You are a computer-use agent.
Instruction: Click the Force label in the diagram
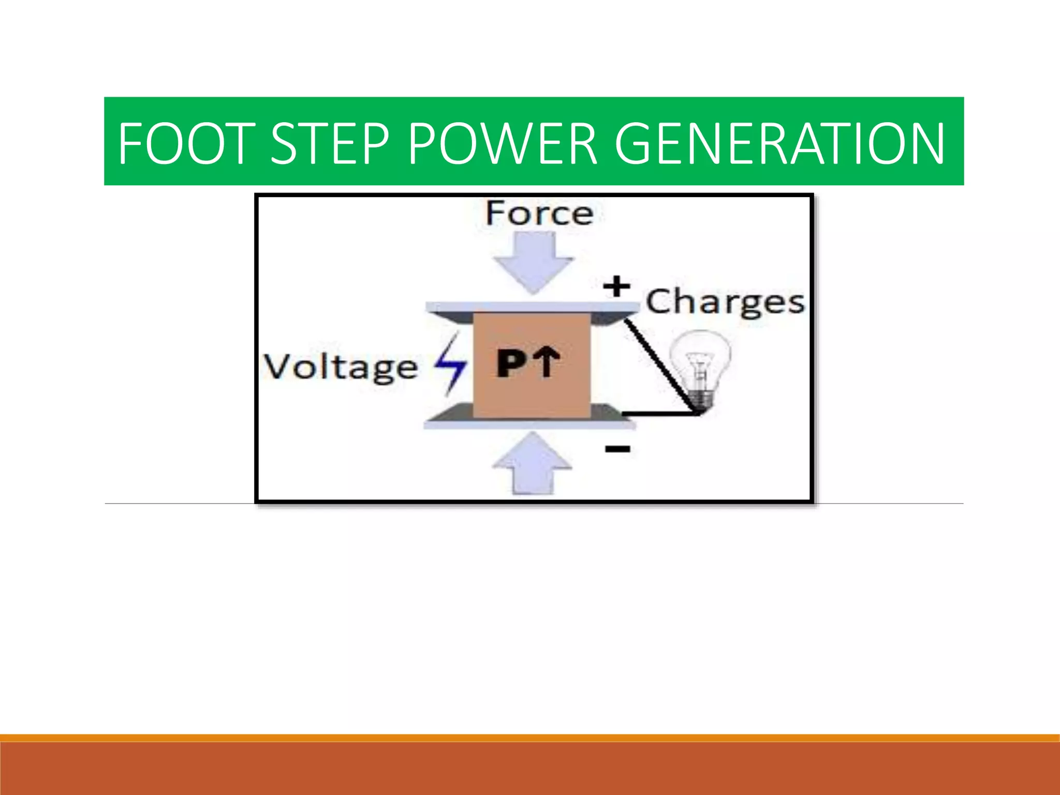539,213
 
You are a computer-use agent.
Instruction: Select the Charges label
725,302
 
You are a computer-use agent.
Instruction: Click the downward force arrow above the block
533,262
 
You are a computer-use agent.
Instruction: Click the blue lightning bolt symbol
450,364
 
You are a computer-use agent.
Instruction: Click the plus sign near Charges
616,286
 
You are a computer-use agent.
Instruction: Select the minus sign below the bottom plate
618,449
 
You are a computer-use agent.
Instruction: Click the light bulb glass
700,357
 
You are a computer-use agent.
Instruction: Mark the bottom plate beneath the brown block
529,424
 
